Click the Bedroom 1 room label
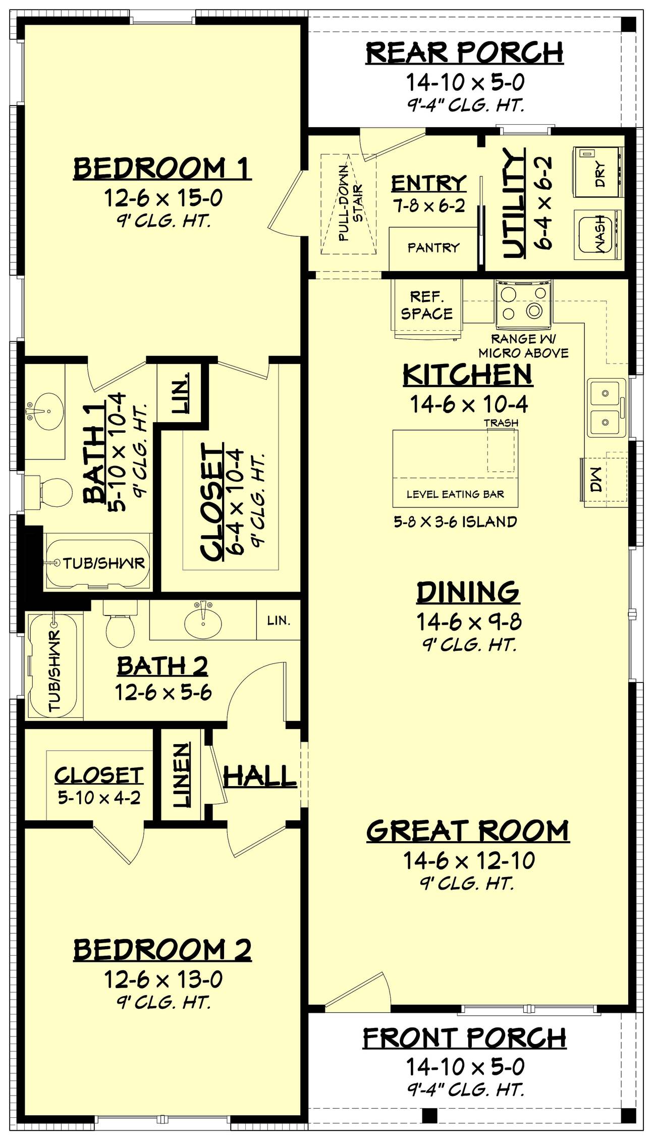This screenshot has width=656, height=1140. pyautogui.click(x=162, y=168)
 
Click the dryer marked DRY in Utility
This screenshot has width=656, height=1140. pyautogui.click(x=598, y=172)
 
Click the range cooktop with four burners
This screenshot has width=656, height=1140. pyautogui.click(x=523, y=303)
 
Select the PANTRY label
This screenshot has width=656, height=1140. pyautogui.click(x=433, y=247)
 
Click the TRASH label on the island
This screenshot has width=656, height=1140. pyautogui.click(x=501, y=423)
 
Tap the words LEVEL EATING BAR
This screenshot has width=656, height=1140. pyautogui.click(x=455, y=494)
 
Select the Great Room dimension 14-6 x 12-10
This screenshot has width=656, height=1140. pyautogui.click(x=468, y=861)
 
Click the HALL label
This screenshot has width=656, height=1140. pyautogui.click(x=260, y=776)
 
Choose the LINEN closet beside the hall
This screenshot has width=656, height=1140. pyautogui.click(x=182, y=774)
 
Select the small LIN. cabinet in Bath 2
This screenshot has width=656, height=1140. pyautogui.click(x=279, y=620)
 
